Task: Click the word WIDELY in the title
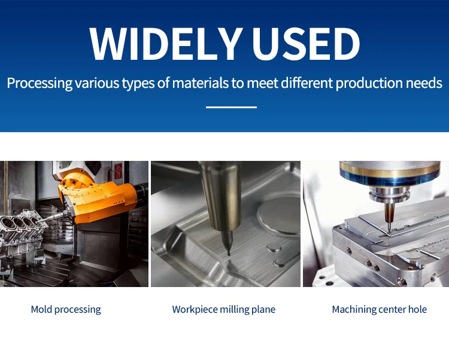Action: [x=165, y=44]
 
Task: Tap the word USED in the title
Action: [x=305, y=44]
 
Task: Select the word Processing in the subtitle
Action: [x=40, y=84]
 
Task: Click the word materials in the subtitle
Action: [x=201, y=83]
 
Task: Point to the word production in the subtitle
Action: [x=369, y=84]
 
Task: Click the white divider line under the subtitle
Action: [x=231, y=107]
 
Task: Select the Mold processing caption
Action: [x=66, y=310]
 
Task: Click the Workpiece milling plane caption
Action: [x=224, y=310]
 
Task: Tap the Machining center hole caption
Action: [x=380, y=309]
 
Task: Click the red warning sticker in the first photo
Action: [x=119, y=171]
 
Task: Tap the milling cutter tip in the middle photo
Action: [x=229, y=254]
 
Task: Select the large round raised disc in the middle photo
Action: [x=279, y=213]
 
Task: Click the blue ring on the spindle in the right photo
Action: [x=390, y=179]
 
